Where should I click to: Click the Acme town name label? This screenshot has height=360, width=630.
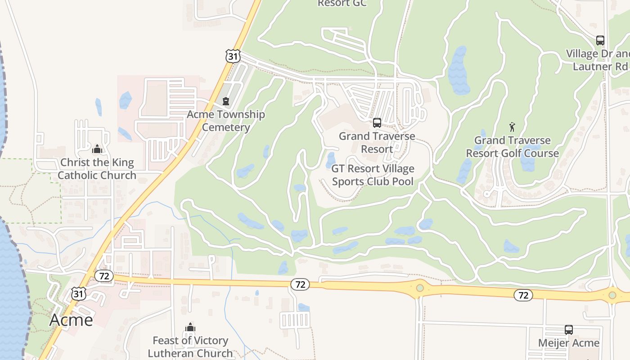coord(71,319)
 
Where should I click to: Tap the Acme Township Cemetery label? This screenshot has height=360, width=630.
coord(225,121)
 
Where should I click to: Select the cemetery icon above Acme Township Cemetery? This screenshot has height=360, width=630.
coord(226,101)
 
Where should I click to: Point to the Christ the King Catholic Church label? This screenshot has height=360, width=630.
coord(97,169)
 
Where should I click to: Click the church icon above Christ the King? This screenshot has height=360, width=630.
coord(97,149)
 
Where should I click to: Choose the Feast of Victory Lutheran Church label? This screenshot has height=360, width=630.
coord(190,346)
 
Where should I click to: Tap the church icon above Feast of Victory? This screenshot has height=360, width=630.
coord(190,327)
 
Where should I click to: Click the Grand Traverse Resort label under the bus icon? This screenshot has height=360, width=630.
coord(377,142)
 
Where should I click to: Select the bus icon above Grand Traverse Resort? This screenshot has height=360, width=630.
coord(377,122)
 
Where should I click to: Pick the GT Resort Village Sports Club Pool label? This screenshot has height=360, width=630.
coord(373,175)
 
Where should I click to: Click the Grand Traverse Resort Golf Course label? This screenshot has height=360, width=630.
coord(512,147)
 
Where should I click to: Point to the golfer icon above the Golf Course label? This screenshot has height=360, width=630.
coord(512,127)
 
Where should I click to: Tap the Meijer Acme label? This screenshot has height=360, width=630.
coord(569,343)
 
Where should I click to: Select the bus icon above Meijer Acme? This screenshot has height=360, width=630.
coord(569,329)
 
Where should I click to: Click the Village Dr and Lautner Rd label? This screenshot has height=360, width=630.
coord(598,60)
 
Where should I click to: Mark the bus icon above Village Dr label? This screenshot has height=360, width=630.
coord(600,40)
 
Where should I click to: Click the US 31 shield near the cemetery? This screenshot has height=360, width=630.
coord(232,56)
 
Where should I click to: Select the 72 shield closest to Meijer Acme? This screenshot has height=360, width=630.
coord(523,295)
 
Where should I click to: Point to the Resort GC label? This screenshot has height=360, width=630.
coord(342,4)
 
